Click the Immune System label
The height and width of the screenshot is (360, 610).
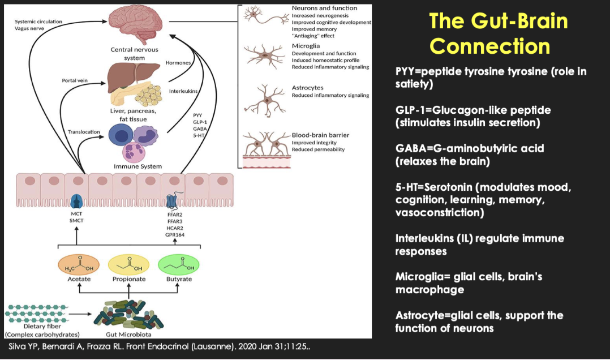click(138, 166)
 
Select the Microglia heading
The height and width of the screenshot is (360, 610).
click(306, 46)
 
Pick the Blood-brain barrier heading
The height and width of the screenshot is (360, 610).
click(320, 135)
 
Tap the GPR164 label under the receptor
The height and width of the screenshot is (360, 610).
click(175, 234)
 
